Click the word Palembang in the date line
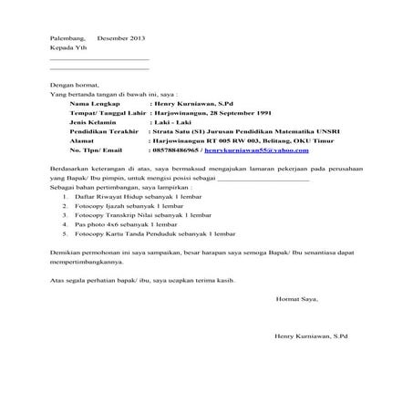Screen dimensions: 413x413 pos(67,38)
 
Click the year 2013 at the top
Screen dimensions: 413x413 pos(133,38)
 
